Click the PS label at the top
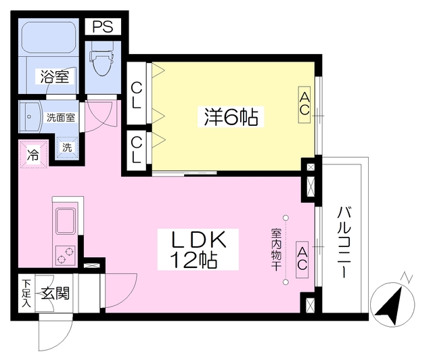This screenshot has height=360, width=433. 104,26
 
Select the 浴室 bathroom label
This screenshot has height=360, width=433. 53,76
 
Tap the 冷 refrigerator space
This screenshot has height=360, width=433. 33,154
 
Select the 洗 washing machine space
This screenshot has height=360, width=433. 67,147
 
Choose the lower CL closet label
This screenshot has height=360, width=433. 137,150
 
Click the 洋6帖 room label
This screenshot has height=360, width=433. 230,117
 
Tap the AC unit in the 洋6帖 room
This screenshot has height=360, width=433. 305,105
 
